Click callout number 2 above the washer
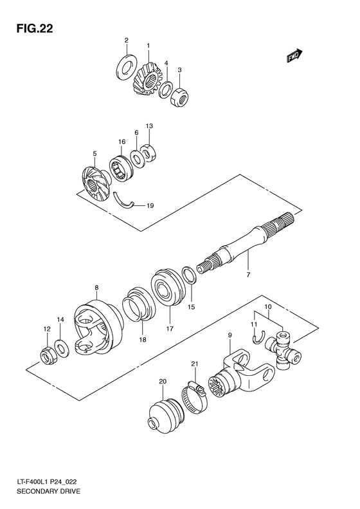pyautogui.click(x=126, y=41)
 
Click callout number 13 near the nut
pyautogui.click(x=148, y=126)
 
